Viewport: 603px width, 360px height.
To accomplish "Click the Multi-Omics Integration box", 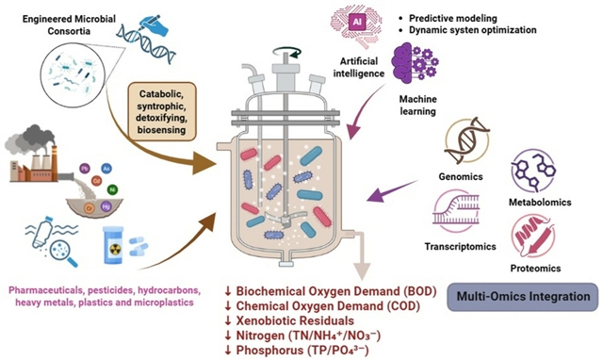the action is [523, 297].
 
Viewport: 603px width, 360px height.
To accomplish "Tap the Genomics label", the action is [461, 176].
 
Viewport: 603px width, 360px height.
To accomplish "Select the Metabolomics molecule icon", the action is [533, 171].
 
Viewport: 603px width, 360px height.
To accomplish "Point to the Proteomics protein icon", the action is [533, 236].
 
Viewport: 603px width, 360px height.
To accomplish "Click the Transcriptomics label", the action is [461, 246].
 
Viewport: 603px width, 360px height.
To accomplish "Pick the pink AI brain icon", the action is [357, 25].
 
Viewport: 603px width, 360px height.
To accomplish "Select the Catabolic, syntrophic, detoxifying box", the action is [162, 111].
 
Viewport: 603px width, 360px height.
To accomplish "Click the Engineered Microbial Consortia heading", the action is [69, 25].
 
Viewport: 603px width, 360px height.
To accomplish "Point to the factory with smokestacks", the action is [32, 154].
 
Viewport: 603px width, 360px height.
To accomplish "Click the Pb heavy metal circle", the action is [84, 169].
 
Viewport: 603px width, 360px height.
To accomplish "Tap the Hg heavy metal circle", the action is [106, 207].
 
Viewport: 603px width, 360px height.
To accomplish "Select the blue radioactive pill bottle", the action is [114, 245].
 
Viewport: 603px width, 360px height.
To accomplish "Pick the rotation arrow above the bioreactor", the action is [286, 53].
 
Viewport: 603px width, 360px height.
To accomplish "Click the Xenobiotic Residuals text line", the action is [289, 320].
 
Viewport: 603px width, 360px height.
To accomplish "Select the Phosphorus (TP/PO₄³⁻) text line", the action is [297, 350].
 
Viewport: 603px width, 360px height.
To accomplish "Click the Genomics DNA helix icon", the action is [466, 141].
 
